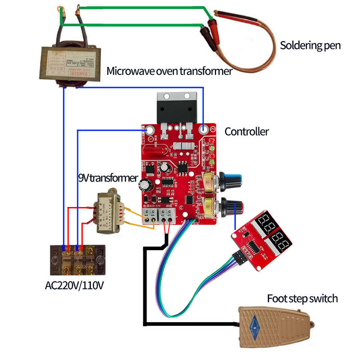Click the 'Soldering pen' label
310,46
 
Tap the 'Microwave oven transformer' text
169,71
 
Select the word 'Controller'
246,132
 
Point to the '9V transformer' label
108,178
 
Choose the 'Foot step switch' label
302,298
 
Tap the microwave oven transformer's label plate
72,63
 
